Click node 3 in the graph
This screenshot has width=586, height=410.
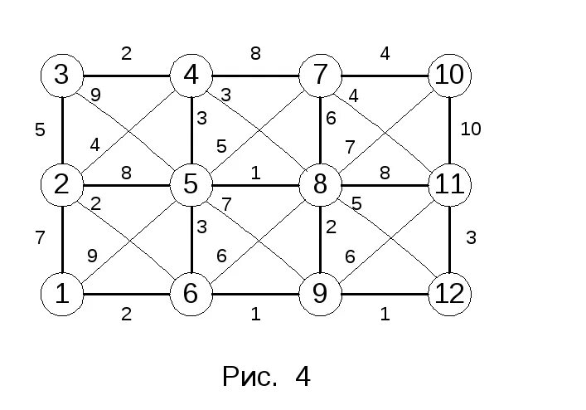point(62,76)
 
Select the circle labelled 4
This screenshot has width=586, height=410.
point(191,76)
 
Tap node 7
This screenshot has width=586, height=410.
point(320,76)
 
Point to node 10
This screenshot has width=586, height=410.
point(449,76)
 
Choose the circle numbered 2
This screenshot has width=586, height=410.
point(62,184)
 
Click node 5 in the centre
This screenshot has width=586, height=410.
point(191,184)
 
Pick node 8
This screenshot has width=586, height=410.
point(320,184)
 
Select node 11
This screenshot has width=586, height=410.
point(449,184)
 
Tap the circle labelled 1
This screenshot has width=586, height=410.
point(62,294)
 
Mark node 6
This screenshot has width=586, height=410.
point(191,294)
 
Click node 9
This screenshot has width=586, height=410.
point(320,294)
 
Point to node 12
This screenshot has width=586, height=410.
point(449,294)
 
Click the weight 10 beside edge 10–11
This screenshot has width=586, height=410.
point(471,129)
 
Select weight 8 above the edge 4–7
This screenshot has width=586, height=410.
point(256,54)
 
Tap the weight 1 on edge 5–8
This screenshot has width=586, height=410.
point(256,173)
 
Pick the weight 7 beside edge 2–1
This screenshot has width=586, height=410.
point(40,238)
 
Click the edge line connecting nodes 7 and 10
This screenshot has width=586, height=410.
point(385,76)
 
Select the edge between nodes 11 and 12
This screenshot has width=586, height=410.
point(449,239)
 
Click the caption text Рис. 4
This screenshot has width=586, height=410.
point(266,378)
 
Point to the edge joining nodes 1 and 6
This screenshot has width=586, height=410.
point(127,294)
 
